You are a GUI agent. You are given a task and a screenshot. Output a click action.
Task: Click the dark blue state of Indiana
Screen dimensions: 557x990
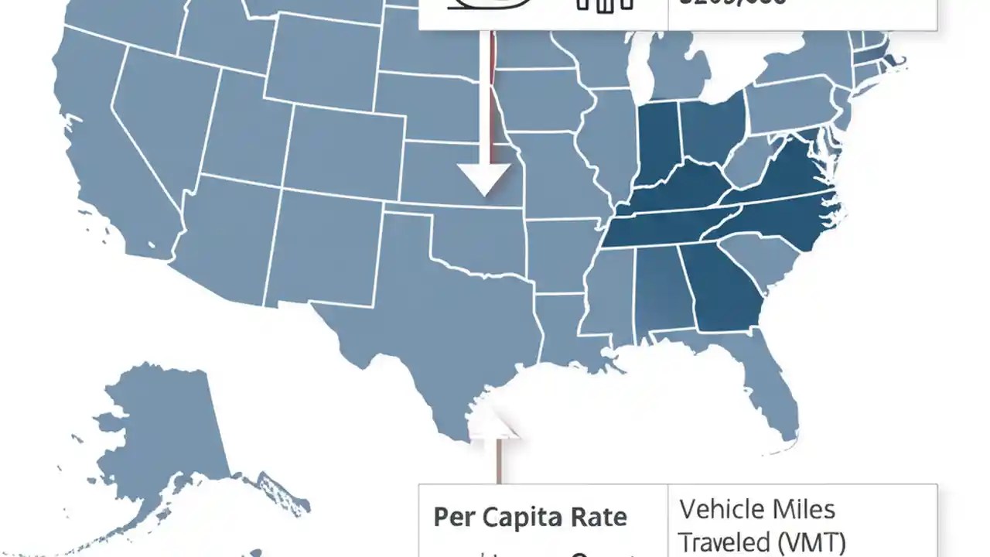657,143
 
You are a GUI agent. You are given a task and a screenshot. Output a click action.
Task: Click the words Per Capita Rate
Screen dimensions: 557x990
530,517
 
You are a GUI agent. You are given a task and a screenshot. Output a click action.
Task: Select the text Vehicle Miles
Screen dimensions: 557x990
757,509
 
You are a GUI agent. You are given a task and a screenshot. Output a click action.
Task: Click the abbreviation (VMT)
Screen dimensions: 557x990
808,541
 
